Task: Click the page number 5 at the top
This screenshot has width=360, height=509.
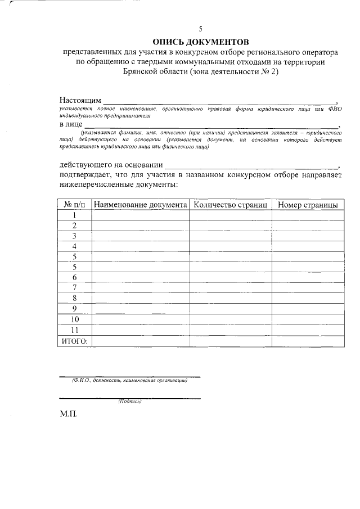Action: (200, 29)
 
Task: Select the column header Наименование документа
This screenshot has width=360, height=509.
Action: (140, 204)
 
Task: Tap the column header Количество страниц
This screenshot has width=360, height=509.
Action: (230, 204)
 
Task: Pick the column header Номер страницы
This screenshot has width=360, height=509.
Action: (308, 204)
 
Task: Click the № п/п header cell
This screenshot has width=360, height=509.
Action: (74, 204)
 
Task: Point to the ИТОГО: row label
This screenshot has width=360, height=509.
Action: (74, 341)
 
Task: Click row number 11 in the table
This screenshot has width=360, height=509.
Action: (74, 330)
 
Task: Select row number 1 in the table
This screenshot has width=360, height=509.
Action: (74, 215)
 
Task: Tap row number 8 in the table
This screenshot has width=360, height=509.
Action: (74, 298)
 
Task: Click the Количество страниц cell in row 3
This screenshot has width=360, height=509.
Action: (230, 236)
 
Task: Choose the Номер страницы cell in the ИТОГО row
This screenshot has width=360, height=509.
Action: (308, 341)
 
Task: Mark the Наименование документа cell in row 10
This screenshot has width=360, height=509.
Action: (140, 319)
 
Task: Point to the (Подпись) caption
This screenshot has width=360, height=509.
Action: (130, 402)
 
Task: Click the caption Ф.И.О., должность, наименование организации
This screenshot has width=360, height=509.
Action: (130, 381)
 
